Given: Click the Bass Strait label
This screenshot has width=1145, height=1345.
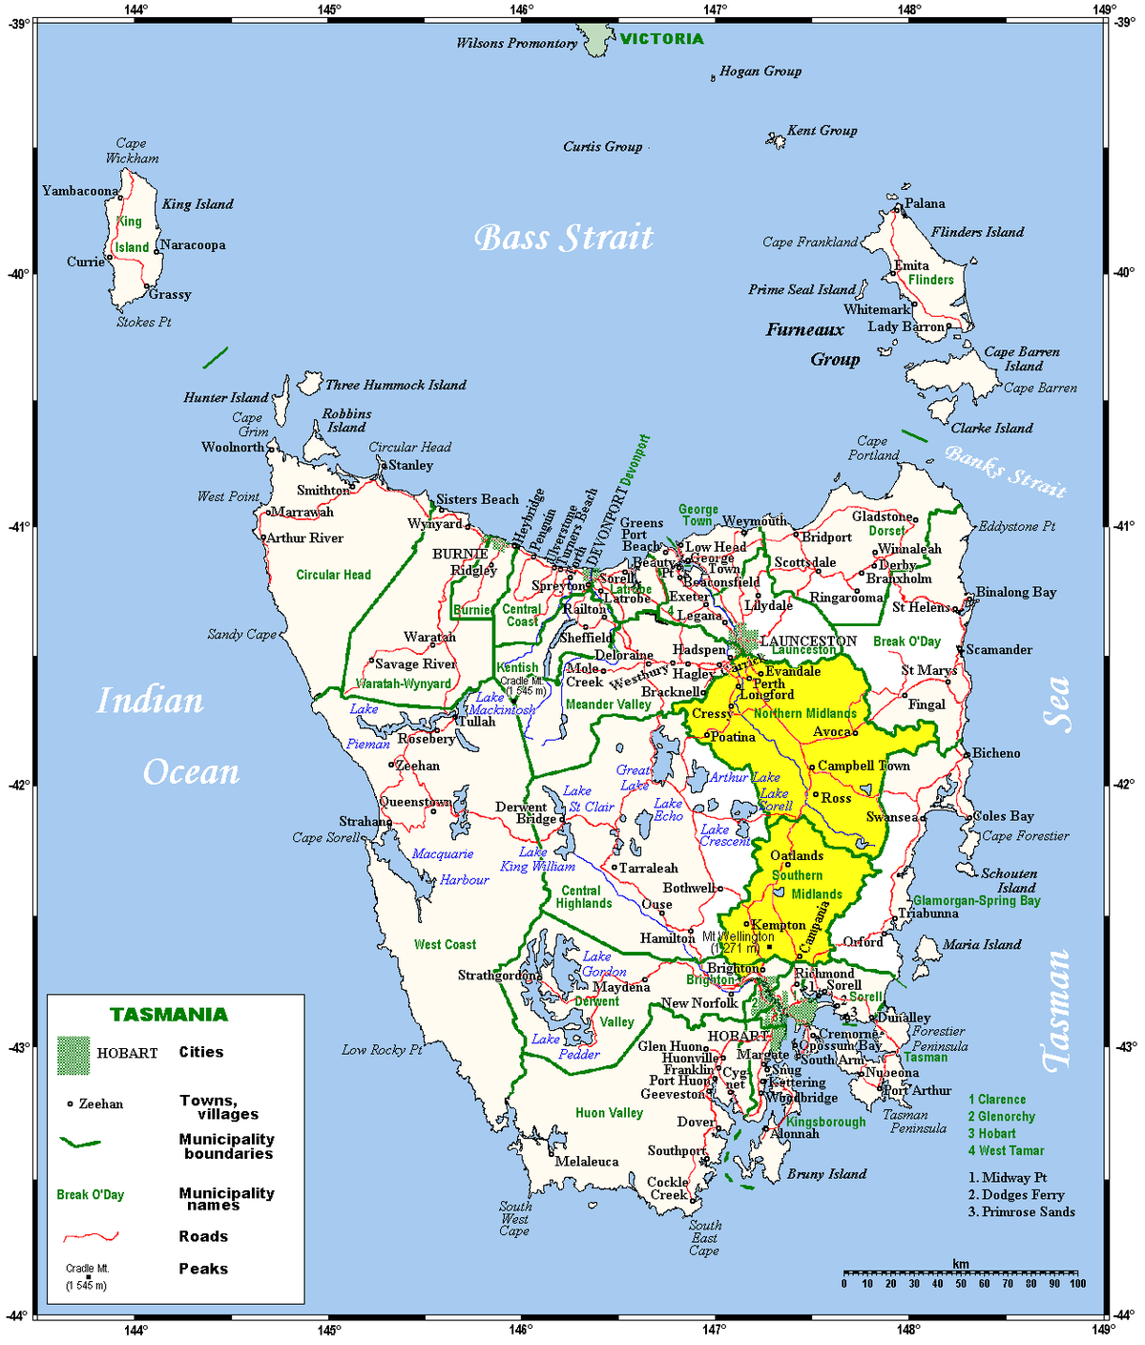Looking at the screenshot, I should pyautogui.click(x=564, y=238).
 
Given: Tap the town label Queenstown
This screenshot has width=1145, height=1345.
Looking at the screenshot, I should pyautogui.click(x=414, y=802).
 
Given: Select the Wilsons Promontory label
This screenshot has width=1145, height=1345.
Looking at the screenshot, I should pyautogui.click(x=516, y=43).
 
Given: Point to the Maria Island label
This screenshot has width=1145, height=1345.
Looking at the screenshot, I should pyautogui.click(x=982, y=944).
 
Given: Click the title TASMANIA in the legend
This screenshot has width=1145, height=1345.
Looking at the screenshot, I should pyautogui.click(x=169, y=1015).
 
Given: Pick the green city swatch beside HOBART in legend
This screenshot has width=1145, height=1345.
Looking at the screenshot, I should pyautogui.click(x=73, y=1054).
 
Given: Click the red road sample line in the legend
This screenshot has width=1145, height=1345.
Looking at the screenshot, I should pyautogui.click(x=91, y=1237).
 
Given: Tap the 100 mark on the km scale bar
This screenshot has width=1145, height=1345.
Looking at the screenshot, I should pyautogui.click(x=1077, y=1283).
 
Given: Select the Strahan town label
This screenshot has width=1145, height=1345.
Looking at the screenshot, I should pyautogui.click(x=364, y=821).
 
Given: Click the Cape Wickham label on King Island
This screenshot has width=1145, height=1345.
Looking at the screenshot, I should pyautogui.click(x=132, y=151).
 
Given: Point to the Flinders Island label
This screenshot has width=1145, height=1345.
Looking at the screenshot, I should pyautogui.click(x=977, y=232).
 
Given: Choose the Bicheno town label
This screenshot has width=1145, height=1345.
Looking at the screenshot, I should pyautogui.click(x=996, y=753).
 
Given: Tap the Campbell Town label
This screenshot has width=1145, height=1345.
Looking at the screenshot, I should pyautogui.click(x=864, y=766).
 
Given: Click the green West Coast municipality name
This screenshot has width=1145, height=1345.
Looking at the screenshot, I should pyautogui.click(x=445, y=944).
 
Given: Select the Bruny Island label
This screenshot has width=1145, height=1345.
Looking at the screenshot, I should pyautogui.click(x=826, y=1174).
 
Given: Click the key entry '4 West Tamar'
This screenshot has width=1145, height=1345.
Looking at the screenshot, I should pyautogui.click(x=1006, y=1151).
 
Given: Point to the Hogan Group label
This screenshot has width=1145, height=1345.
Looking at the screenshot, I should pyautogui.click(x=760, y=71).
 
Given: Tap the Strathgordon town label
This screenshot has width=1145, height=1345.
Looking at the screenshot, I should pyautogui.click(x=499, y=976).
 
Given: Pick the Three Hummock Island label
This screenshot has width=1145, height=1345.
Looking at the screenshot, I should pyautogui.click(x=395, y=385).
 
